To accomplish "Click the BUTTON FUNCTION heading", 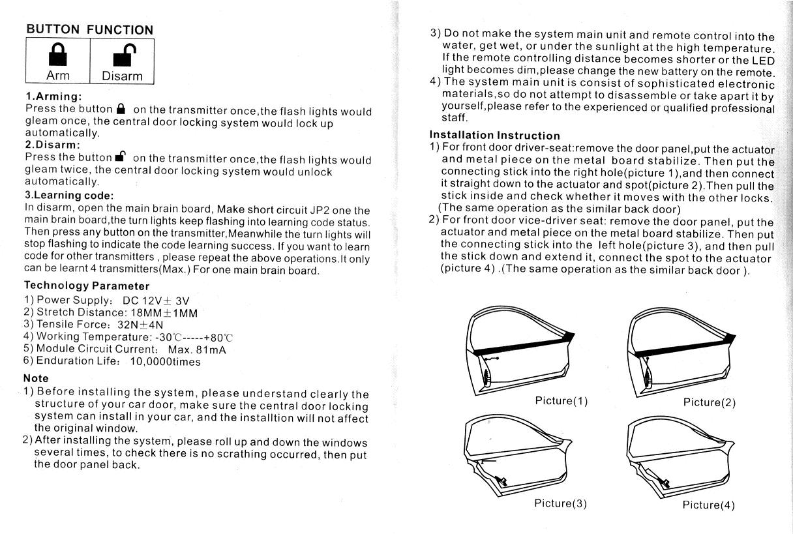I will click(x=90, y=29).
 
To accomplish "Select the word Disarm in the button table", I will click(x=122, y=76).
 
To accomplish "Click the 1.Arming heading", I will click(x=53, y=96).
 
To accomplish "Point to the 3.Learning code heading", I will click(x=69, y=195).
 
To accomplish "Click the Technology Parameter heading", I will click(x=87, y=286).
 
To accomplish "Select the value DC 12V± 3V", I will click(x=156, y=301).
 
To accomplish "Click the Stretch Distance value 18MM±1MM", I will click(x=159, y=312).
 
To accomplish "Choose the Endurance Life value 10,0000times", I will click(x=166, y=361).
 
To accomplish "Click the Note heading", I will click(x=36, y=378).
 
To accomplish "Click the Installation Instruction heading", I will click(x=495, y=136).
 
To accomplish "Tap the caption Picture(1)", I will click(x=561, y=401).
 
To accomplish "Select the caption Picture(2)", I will click(x=710, y=402).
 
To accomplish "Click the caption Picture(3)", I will click(x=561, y=503).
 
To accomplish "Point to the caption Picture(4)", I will click(x=709, y=505).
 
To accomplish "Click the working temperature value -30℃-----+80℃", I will click(x=194, y=337).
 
